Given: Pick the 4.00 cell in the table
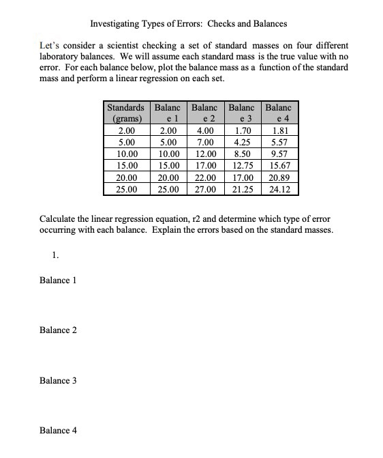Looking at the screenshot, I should pos(204,131).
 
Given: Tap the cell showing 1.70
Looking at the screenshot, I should pos(242,131).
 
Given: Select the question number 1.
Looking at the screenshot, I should pos(55,255).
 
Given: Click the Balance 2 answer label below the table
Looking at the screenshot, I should pos(58,330).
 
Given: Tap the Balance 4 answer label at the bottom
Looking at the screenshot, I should pos(58,430).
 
